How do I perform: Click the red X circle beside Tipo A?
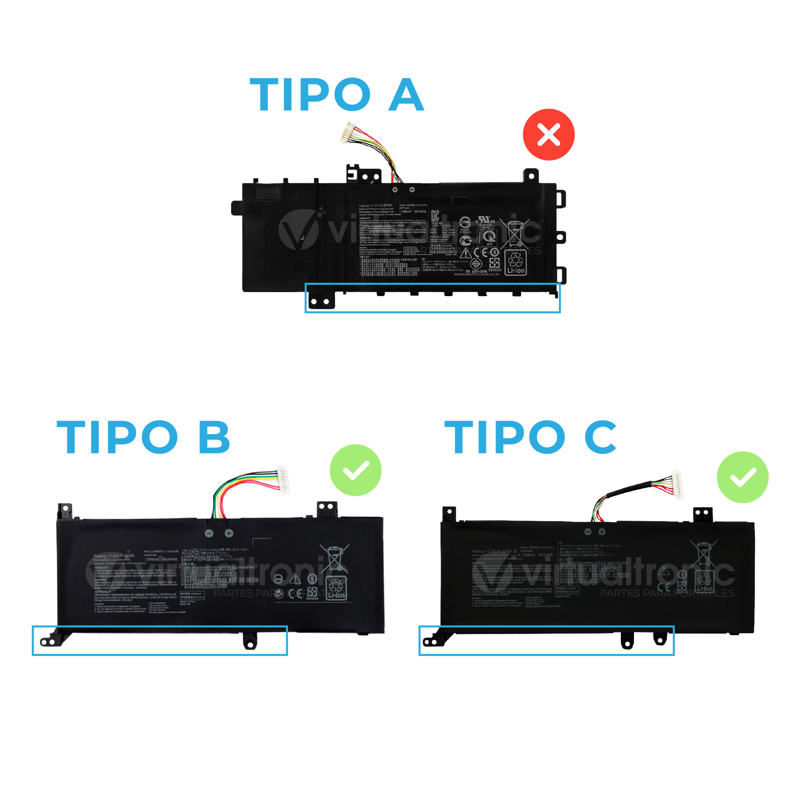click(x=549, y=134)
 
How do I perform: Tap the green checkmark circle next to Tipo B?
click(x=355, y=470)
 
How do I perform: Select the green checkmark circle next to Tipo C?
click(x=742, y=477)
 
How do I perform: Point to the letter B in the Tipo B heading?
click(x=214, y=437)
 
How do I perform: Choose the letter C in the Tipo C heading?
click(x=600, y=437)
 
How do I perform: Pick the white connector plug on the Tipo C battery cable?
click(x=678, y=484)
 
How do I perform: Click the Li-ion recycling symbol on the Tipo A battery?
click(x=516, y=263)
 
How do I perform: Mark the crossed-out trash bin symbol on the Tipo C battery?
click(x=703, y=553)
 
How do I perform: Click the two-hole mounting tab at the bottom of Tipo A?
click(x=320, y=301)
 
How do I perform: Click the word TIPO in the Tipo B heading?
click(x=117, y=437)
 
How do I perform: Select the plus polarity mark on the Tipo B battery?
click(x=229, y=533)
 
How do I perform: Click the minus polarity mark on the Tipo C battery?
click(x=588, y=531)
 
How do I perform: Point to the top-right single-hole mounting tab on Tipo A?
click(x=531, y=176)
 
